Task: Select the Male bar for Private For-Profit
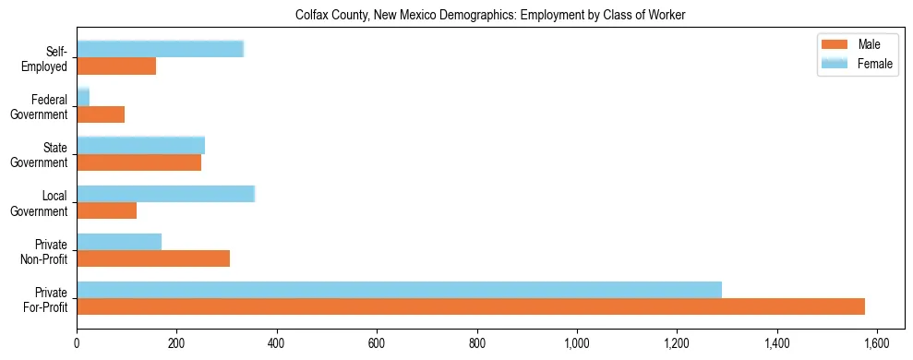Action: tap(471, 306)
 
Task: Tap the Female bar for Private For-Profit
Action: tap(399, 290)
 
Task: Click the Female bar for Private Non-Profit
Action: tap(119, 242)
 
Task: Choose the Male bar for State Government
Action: tap(139, 162)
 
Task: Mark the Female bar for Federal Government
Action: tap(83, 98)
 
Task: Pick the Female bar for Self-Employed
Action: tap(160, 50)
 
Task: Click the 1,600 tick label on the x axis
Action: tap(877, 343)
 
